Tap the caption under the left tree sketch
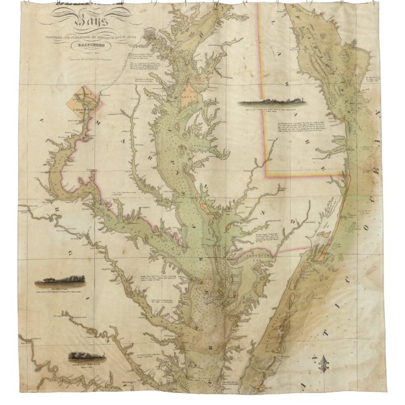[x=60, y=291]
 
